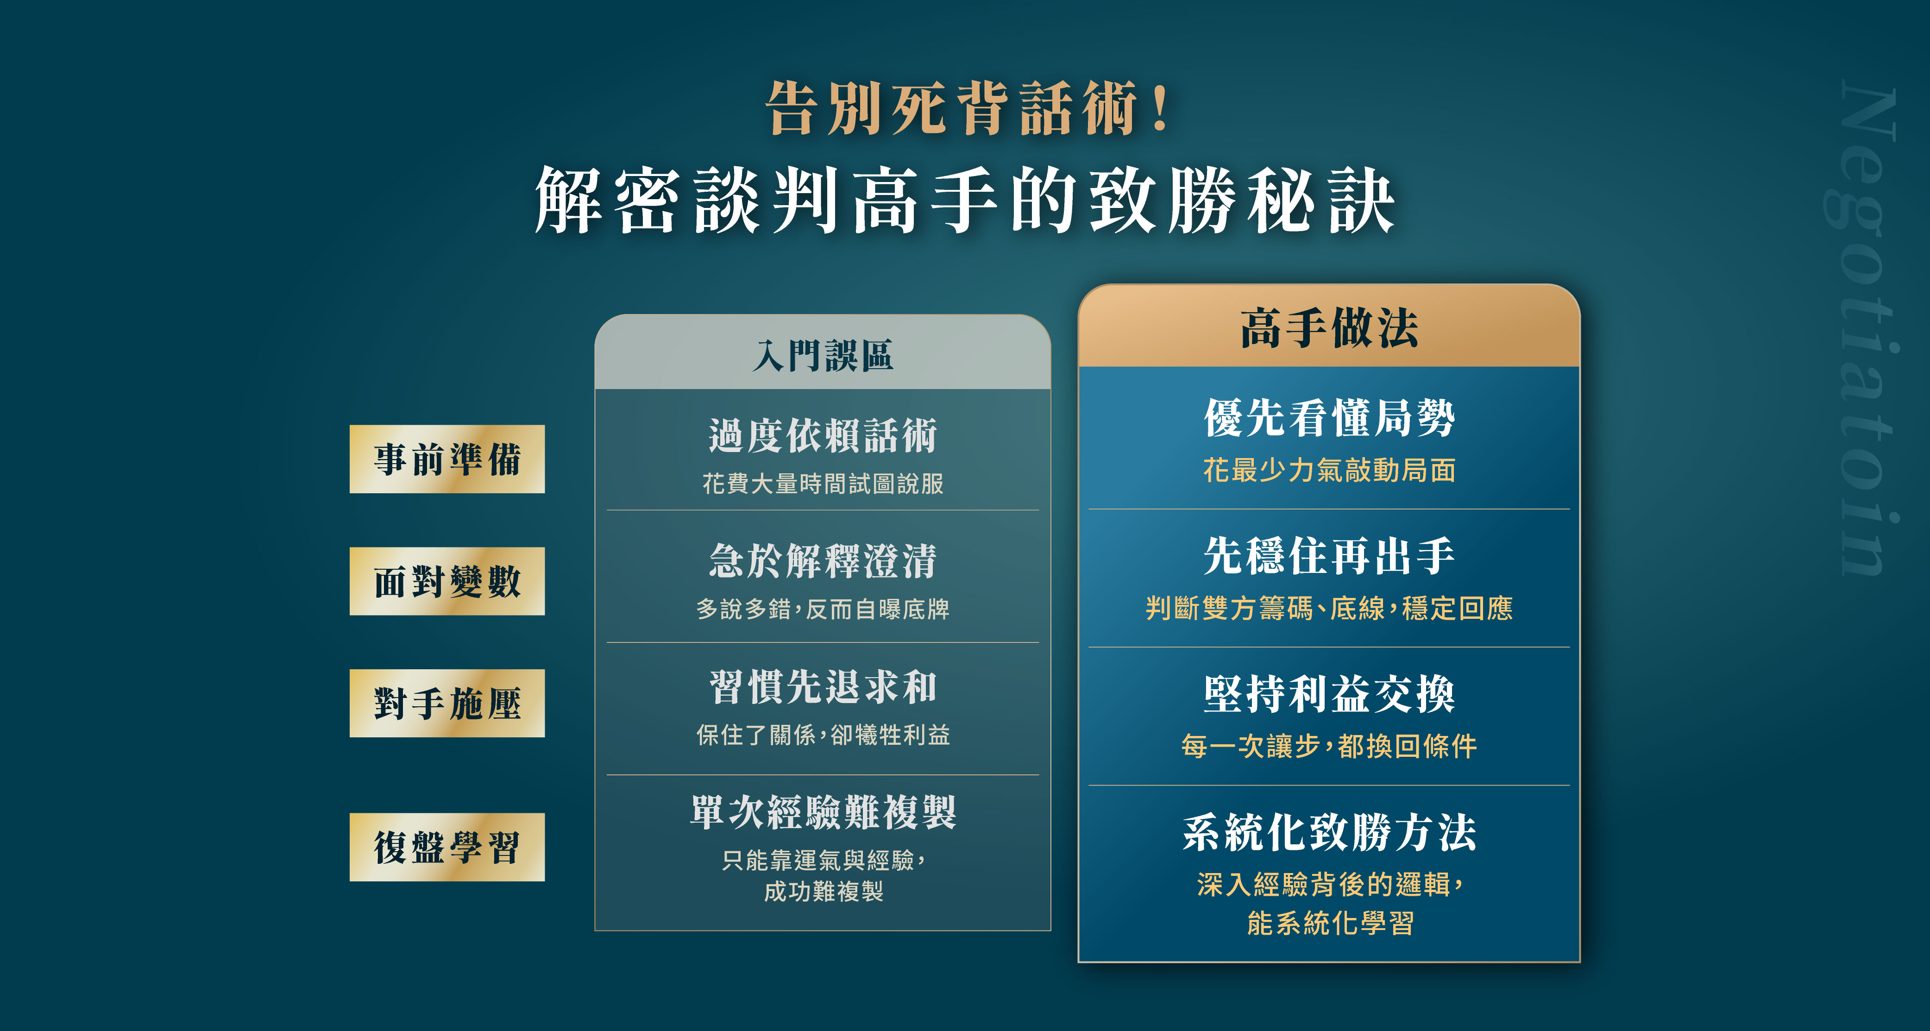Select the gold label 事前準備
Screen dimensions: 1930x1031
(x=447, y=459)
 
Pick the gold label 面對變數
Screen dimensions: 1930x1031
(x=447, y=581)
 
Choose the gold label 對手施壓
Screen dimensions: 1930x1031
(x=447, y=704)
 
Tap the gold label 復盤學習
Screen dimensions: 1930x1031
(x=447, y=848)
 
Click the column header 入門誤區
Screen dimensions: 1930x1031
(x=823, y=355)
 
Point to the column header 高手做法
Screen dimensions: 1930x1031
(x=1329, y=327)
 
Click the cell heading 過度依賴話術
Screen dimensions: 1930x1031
(x=823, y=435)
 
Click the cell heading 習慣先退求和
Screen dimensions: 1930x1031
(x=823, y=686)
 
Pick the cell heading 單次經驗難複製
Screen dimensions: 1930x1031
(x=823, y=812)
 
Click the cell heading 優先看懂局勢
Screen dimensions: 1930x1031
(x=1329, y=417)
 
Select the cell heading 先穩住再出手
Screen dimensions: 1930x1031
(x=1329, y=556)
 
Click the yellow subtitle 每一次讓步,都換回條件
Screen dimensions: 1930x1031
(x=1329, y=746)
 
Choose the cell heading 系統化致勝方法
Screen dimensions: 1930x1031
(x=1329, y=832)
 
